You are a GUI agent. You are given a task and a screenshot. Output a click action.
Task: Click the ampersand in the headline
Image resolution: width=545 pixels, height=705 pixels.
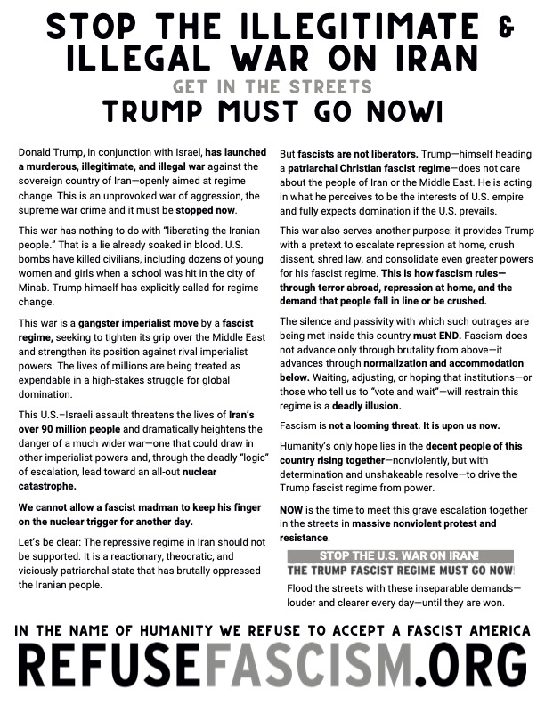[508, 29]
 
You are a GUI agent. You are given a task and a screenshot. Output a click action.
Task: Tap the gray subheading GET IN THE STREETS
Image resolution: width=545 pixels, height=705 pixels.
[272, 87]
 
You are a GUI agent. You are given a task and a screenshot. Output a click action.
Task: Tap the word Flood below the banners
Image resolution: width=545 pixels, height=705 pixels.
[300, 588]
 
